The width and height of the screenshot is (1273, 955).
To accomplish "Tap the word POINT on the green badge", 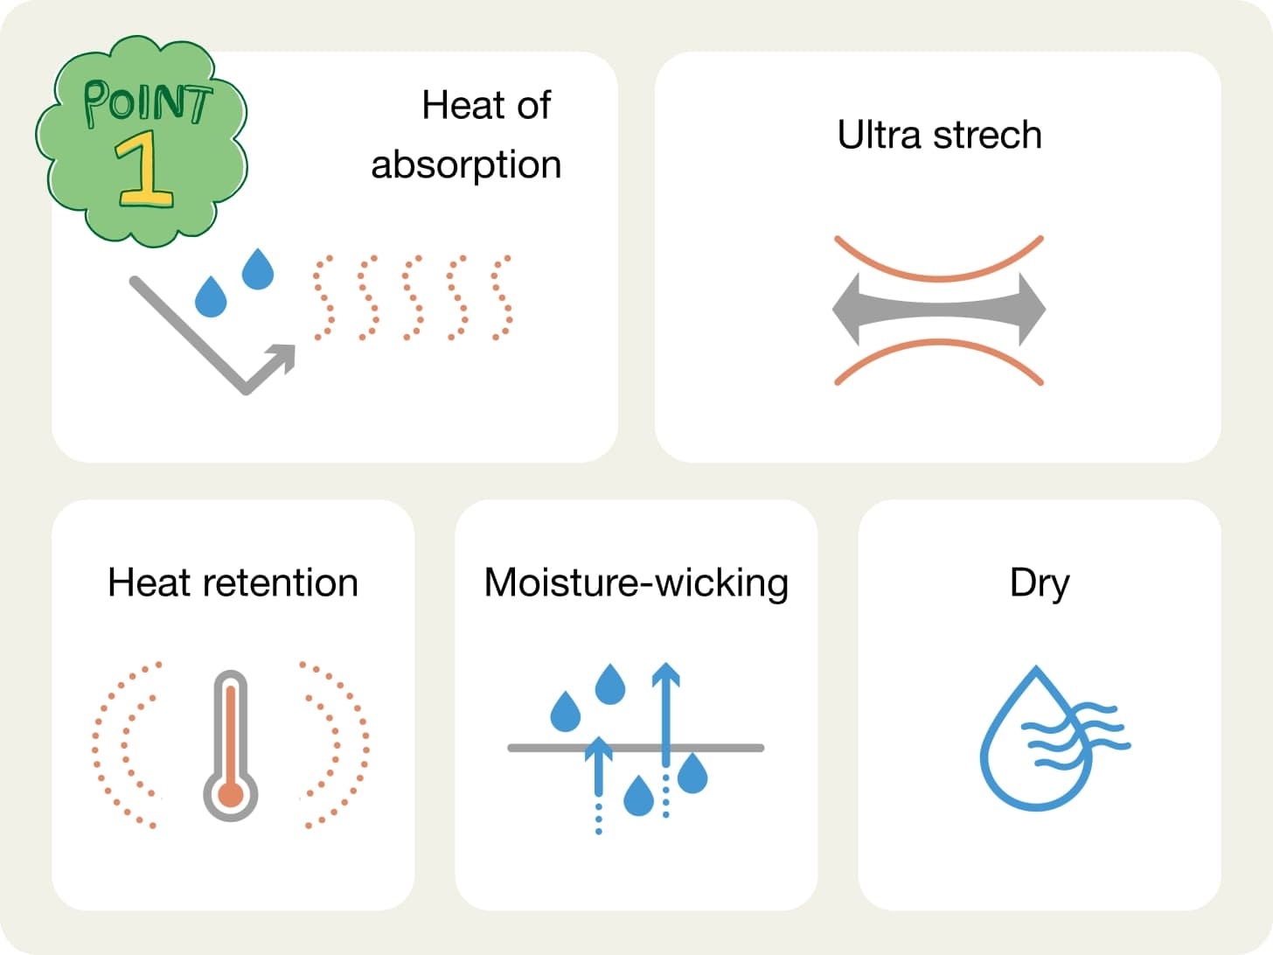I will click(147, 102).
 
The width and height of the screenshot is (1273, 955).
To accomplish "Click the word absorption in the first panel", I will click(465, 165).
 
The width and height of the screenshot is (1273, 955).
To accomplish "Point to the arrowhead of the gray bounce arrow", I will click(283, 355).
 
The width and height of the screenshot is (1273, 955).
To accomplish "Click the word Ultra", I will click(880, 136).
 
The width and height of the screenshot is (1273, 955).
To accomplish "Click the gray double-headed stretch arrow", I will click(939, 310).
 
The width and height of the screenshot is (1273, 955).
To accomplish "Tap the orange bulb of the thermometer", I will click(231, 795).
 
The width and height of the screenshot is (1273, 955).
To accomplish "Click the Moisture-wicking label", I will click(636, 583).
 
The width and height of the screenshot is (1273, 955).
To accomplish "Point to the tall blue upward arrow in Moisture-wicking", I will click(666, 713).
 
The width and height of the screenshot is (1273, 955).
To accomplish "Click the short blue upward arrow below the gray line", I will click(599, 770).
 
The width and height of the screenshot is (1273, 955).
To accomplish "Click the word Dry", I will click(1039, 583).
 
